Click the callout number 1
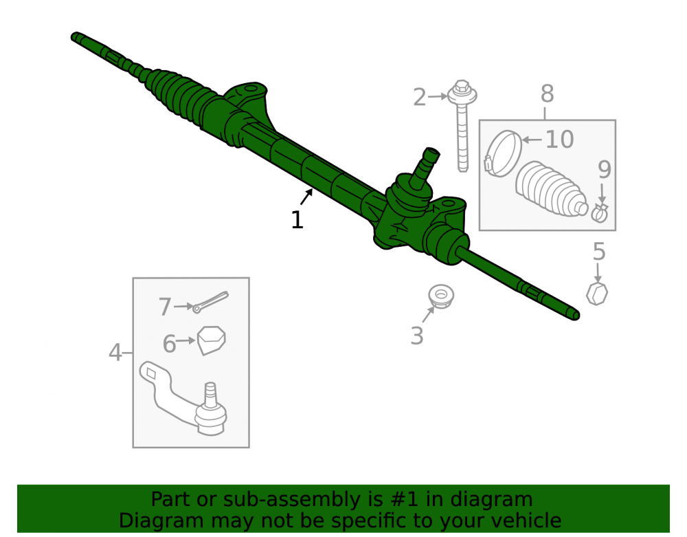point(297,219)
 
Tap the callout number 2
point(419,97)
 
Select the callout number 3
point(417,336)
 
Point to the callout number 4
point(115,353)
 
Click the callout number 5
point(599,252)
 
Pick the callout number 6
point(169,344)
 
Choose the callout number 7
point(165,307)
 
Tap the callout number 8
point(548,94)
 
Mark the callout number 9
point(604,170)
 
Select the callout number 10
point(559,140)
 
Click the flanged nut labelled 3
point(441,296)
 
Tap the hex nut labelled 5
point(597,294)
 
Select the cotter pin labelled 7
point(211,302)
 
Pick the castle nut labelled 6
point(211,340)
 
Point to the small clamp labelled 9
point(599,213)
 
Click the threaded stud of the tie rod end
point(210,393)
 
